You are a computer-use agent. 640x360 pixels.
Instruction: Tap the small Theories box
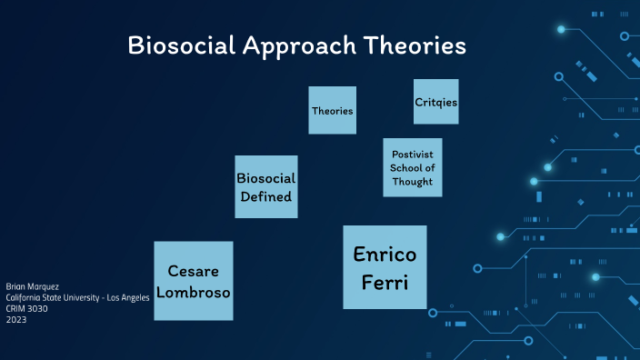click(332, 110)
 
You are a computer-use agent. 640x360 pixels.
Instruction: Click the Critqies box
click(435, 102)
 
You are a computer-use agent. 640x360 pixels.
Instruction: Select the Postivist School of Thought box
click(413, 168)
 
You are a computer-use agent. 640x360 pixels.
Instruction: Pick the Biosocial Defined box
click(265, 187)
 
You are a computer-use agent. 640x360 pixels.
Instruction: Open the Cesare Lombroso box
click(193, 281)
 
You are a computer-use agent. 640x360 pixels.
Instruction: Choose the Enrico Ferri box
click(385, 267)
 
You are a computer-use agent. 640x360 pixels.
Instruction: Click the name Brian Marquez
click(32, 286)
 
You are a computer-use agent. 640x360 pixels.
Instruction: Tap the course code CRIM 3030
click(27, 308)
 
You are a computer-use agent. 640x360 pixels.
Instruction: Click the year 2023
click(16, 319)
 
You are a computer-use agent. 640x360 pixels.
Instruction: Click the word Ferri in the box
click(385, 283)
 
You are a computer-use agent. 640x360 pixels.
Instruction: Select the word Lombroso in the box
click(193, 292)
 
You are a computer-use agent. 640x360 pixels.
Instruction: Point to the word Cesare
click(193, 271)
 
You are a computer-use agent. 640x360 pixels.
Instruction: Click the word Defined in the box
click(265, 196)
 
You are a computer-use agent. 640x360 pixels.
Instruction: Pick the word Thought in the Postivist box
click(413, 182)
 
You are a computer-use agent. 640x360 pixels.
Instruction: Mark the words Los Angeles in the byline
click(127, 297)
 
